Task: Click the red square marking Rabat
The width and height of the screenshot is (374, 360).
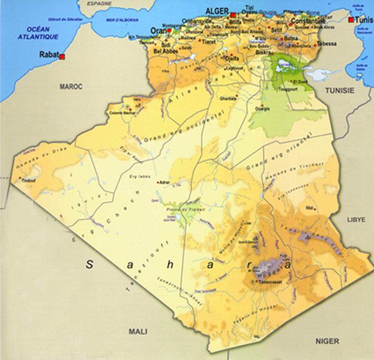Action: coord(62,57)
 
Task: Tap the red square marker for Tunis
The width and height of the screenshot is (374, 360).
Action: coord(351,20)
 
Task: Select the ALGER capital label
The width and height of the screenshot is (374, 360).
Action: coord(217,11)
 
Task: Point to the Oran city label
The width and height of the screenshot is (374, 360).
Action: coord(157,31)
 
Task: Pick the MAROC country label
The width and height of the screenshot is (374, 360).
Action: coord(70,86)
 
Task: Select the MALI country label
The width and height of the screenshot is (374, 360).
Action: coord(139,331)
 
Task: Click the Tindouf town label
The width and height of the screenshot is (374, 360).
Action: coord(28,180)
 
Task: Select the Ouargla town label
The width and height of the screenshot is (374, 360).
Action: coord(262,109)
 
